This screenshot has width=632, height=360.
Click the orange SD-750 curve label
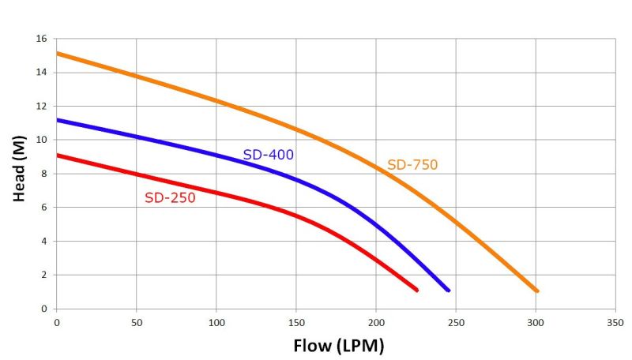(x=412, y=165)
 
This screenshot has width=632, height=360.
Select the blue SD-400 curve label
(x=268, y=155)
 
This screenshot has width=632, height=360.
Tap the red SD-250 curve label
(x=170, y=197)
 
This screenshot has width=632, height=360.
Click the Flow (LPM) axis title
(x=338, y=345)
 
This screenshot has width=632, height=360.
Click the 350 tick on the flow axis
(x=615, y=323)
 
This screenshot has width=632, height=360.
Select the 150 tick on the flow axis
(x=295, y=323)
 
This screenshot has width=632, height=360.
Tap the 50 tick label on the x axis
(x=136, y=323)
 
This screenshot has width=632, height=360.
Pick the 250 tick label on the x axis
(x=455, y=323)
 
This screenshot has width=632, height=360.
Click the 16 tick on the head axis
(x=42, y=39)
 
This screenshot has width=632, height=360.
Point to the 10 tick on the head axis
(x=42, y=140)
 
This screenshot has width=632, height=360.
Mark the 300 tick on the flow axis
(x=535, y=323)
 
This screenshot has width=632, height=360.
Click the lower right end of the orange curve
(x=537, y=291)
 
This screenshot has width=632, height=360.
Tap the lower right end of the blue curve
(x=448, y=291)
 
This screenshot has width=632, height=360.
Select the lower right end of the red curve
(x=416, y=291)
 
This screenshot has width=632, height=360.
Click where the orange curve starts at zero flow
(x=57, y=54)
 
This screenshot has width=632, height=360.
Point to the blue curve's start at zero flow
(x=57, y=120)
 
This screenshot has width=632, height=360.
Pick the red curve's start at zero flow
(x=57, y=155)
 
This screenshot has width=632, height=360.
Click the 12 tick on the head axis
(x=42, y=106)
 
